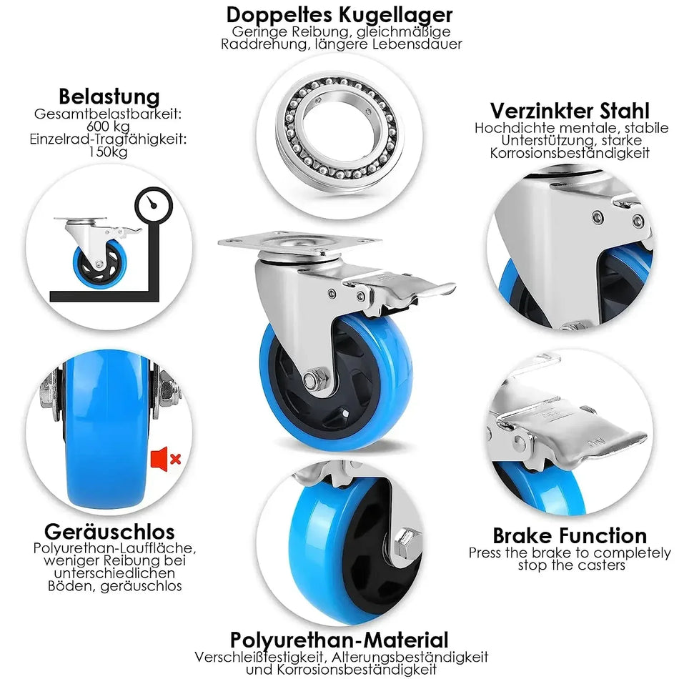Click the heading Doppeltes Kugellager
[339, 14]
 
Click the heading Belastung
[109, 96]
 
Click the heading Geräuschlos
[109, 532]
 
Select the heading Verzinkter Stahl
[570, 111]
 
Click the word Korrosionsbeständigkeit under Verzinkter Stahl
[570, 153]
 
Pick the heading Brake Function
[570, 535]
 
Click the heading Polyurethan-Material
[339, 640]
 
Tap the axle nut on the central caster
[312, 379]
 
